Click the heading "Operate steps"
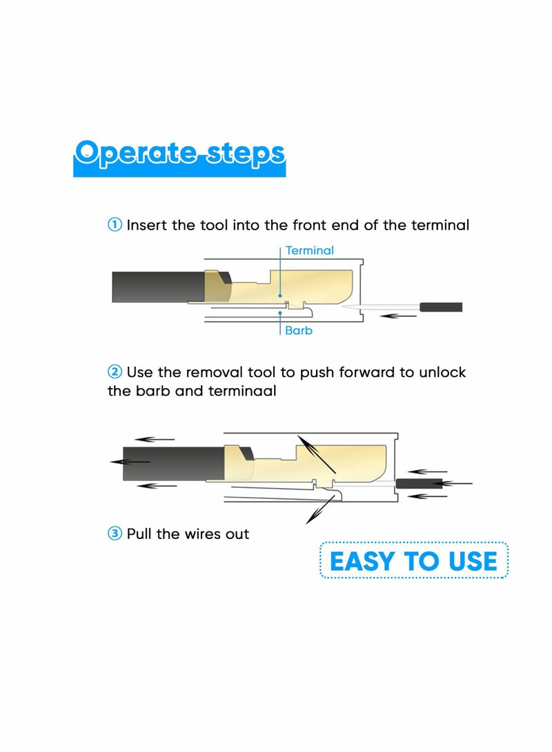(179, 154)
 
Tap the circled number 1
(115, 225)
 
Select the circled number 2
(115, 372)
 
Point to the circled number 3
(115, 533)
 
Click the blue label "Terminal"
(310, 250)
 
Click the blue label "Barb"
(299, 330)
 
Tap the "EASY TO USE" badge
(414, 560)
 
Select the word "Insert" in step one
(147, 225)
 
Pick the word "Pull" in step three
(139, 533)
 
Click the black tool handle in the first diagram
(441, 307)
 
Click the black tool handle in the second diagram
(419, 483)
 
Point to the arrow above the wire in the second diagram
(427, 472)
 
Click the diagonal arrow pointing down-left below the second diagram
(320, 509)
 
